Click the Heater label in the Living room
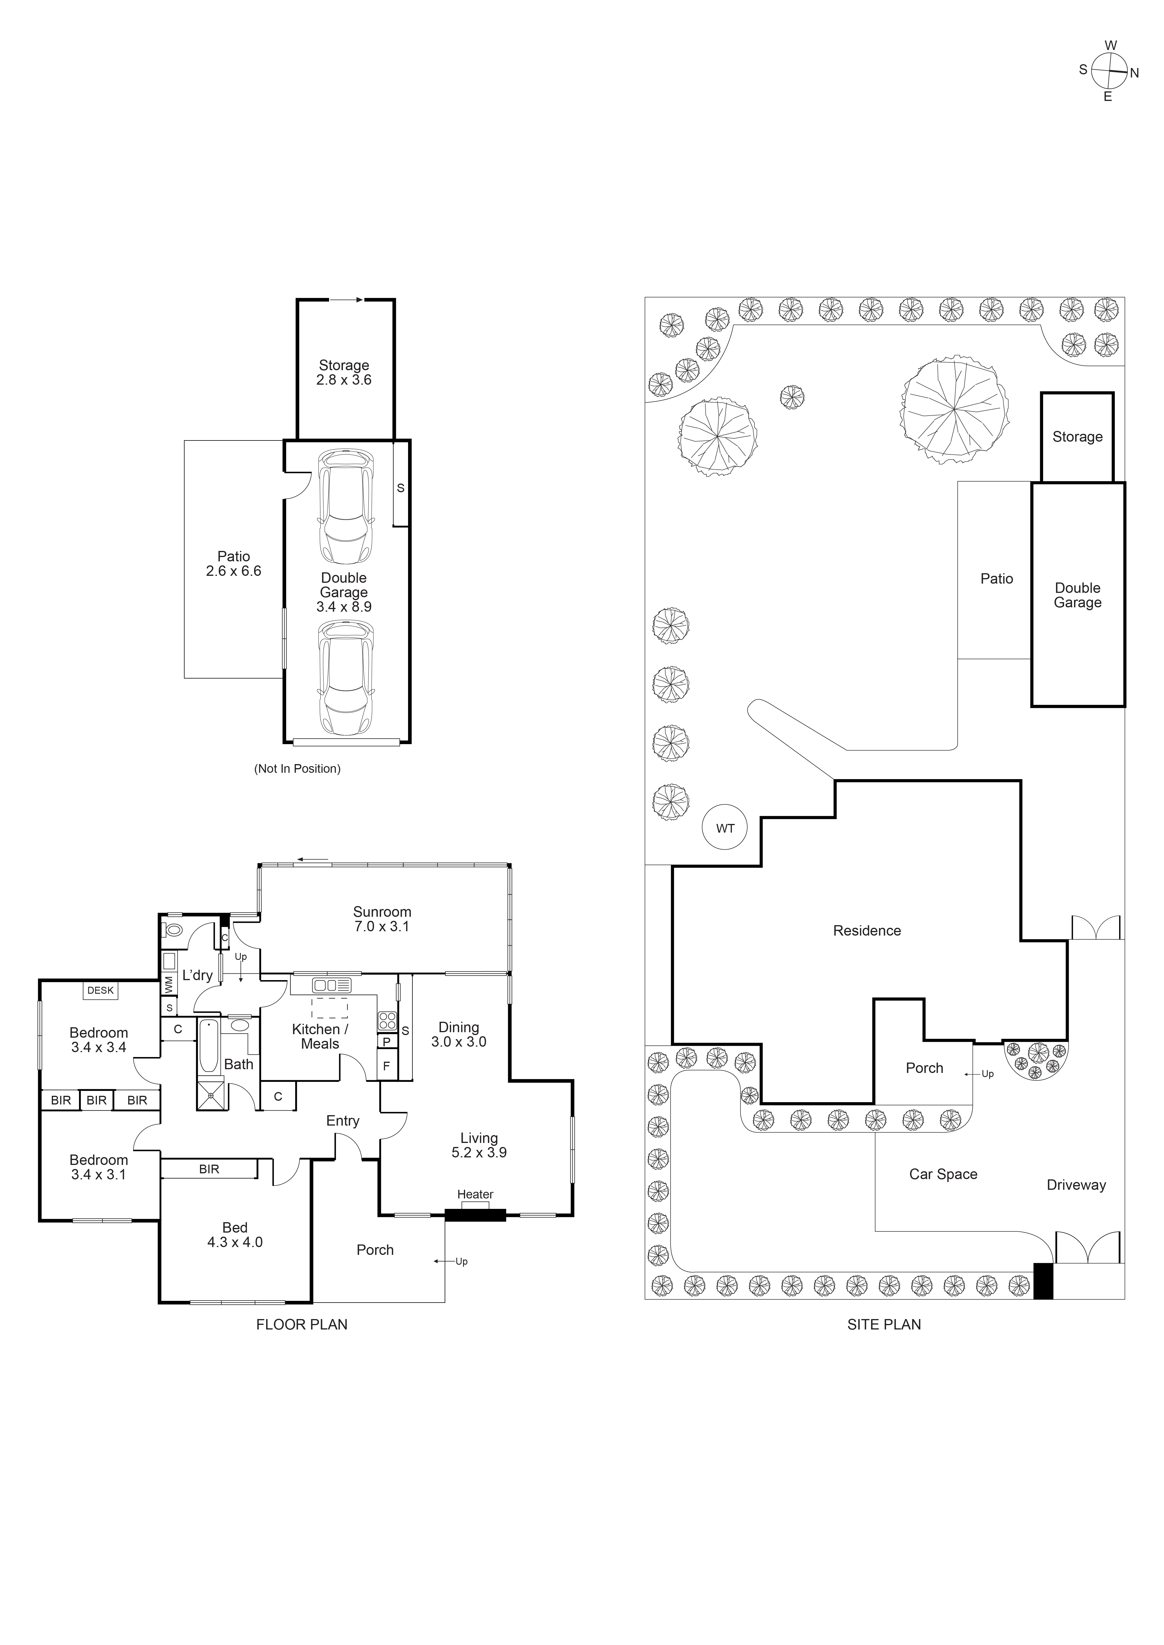475,1194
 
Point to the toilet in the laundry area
173,931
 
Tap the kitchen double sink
331,986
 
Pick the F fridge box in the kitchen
386,1066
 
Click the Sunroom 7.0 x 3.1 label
382,919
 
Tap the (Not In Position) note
298,769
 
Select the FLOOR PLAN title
302,1325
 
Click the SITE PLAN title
884,1325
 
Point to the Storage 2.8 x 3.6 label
344,372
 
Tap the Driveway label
1076,1185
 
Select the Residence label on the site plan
866,931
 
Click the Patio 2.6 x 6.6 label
234,564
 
